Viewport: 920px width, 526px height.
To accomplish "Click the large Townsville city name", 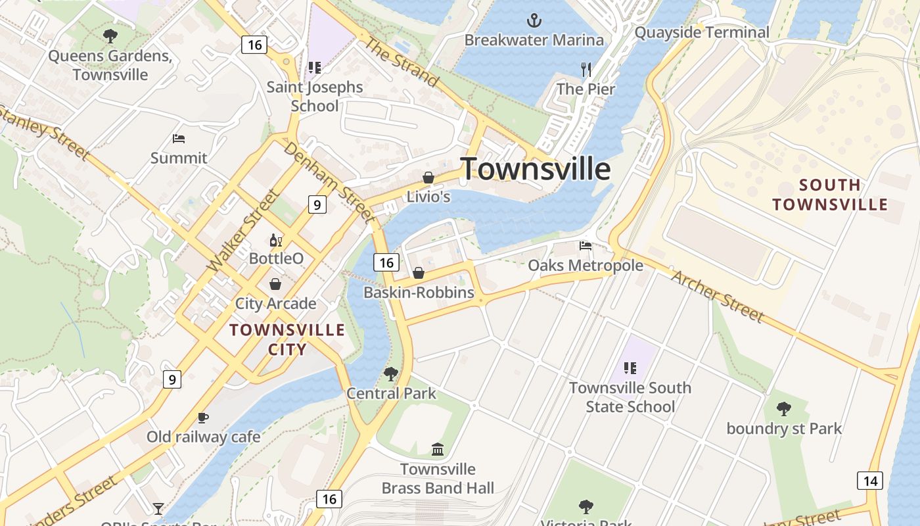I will coord(535,169).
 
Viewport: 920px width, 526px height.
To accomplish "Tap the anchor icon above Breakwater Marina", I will coord(534,21).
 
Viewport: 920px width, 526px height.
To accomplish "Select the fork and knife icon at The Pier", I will coord(586,69).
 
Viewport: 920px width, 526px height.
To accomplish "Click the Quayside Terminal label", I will coord(702,32).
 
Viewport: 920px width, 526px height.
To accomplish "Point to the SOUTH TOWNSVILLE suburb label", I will coord(830,195).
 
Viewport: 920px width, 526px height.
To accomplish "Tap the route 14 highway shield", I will coord(869,481).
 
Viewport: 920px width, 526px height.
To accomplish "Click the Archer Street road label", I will coord(718,297).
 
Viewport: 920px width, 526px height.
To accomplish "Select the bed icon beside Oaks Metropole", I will coord(586,246).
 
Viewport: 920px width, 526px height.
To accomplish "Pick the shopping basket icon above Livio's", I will coord(428,178).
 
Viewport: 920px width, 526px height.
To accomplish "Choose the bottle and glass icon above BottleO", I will coord(276,240).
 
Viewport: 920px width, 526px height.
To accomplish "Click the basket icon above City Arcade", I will coord(275,284).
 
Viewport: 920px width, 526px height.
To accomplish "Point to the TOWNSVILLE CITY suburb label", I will coord(287,339).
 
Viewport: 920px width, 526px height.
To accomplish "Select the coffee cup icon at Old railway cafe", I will coord(203,418).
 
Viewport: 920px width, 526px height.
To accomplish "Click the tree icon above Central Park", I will coord(391,374).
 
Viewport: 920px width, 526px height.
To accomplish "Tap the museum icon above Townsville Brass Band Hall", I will coord(438,450).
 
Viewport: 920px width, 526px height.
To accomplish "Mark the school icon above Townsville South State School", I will coord(630,368).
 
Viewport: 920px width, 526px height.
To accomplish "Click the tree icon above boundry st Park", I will coord(783,409).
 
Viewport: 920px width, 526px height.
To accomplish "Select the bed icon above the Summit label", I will coord(179,139).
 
